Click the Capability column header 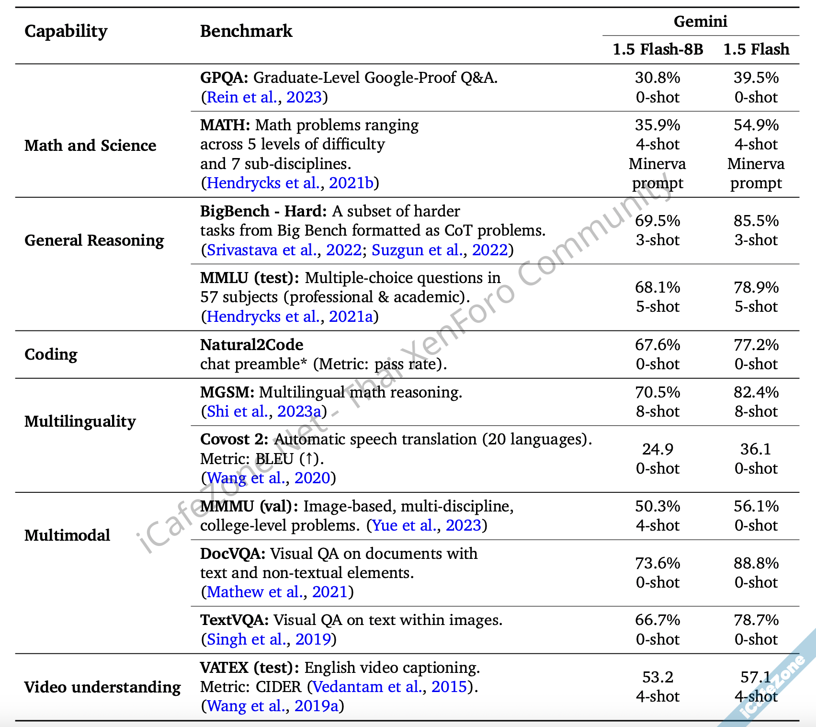click(x=66, y=32)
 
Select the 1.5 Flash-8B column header click(x=657, y=49)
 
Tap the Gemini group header click(x=700, y=22)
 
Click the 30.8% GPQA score click(x=657, y=78)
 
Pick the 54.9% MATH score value click(x=756, y=125)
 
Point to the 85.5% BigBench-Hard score click(x=756, y=221)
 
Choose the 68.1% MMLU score click(x=657, y=287)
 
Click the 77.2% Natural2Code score click(x=756, y=345)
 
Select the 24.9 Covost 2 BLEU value click(x=657, y=449)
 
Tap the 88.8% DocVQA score click(x=756, y=563)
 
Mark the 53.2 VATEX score click(x=657, y=677)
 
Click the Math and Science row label click(x=90, y=146)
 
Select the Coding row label click(x=51, y=354)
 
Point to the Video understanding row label click(x=102, y=687)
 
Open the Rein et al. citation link click(x=242, y=97)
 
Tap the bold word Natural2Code click(x=251, y=345)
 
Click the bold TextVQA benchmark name click(x=235, y=620)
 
